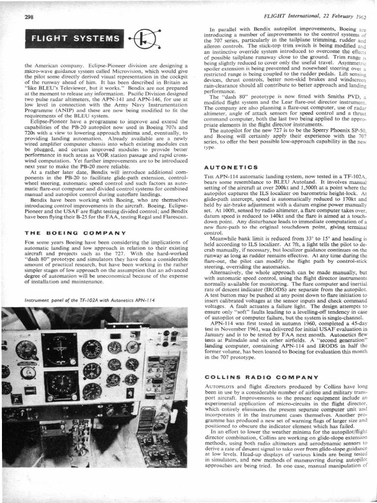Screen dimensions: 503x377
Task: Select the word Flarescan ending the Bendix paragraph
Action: pos(173,217)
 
